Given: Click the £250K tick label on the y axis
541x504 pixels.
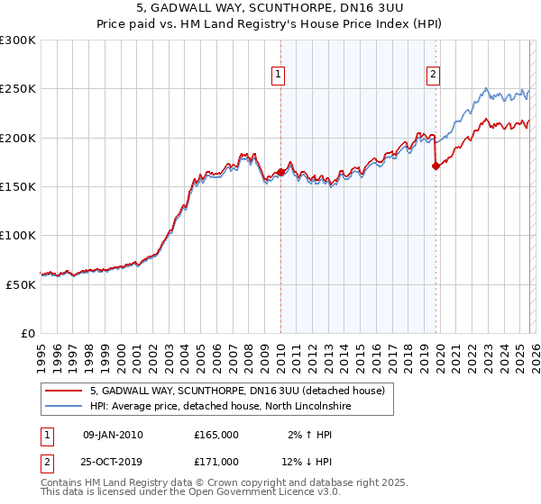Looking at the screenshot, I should coord(18,89).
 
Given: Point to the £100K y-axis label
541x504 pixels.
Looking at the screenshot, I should coord(18,235).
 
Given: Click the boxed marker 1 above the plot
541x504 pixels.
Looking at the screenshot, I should coord(278,75).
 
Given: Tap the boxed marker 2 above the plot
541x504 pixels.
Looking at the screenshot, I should coord(434,75).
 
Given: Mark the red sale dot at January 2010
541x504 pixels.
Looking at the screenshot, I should coord(280,172).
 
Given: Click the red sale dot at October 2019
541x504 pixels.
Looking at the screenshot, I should coord(436,166).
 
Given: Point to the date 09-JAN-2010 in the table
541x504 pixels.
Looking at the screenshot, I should coord(113,435).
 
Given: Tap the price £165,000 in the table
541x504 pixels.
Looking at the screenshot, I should coord(216,435).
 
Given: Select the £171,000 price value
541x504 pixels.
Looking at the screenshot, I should coord(216,462).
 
